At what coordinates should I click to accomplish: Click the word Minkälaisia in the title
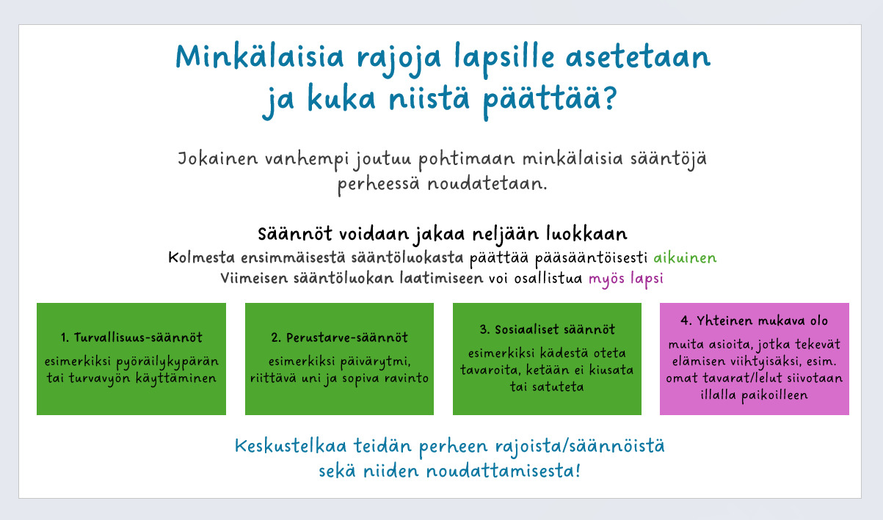click(260, 56)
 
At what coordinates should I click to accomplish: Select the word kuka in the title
click(341, 98)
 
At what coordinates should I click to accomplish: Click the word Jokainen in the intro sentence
click(217, 158)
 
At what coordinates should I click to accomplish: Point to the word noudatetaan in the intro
click(487, 184)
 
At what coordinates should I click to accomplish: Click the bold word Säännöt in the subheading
click(295, 234)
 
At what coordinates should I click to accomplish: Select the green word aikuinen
click(685, 258)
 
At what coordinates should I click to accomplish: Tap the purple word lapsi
click(647, 279)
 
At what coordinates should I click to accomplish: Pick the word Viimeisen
click(254, 279)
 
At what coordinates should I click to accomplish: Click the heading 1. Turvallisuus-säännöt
click(131, 337)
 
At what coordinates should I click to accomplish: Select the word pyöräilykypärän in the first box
click(167, 362)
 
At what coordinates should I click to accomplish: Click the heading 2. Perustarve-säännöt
click(339, 337)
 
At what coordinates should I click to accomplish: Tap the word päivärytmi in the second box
click(375, 362)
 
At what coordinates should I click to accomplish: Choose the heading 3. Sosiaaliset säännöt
click(547, 329)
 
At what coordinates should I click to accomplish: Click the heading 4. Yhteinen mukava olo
click(754, 321)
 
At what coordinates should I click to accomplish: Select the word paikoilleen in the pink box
click(774, 395)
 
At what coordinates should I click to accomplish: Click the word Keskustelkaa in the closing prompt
click(291, 447)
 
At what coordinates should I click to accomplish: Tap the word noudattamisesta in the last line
click(504, 471)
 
